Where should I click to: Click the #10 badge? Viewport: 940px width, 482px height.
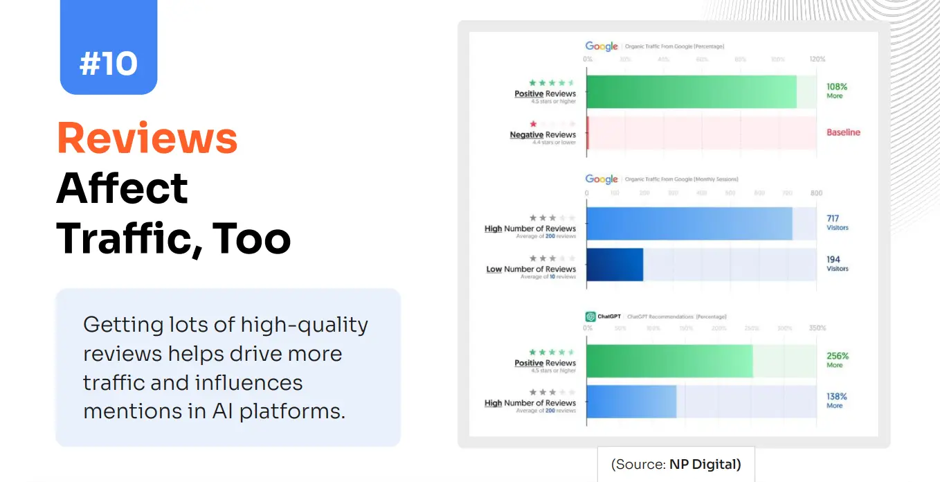(x=109, y=64)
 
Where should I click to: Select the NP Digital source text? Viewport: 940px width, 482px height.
(x=705, y=464)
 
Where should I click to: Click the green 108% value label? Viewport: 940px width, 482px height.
(x=836, y=87)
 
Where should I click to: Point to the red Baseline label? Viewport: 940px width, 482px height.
(x=843, y=132)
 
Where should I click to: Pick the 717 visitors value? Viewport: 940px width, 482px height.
(x=833, y=219)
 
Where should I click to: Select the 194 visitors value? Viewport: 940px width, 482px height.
(x=833, y=260)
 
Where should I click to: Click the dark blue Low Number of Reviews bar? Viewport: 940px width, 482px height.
(x=615, y=265)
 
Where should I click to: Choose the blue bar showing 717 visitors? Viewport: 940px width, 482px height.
(x=689, y=224)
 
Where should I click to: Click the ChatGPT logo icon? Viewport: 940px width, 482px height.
(x=590, y=316)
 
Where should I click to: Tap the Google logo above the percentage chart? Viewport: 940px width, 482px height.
(x=602, y=46)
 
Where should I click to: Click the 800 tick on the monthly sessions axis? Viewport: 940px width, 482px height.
(x=816, y=193)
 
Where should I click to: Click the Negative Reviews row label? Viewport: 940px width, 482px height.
(x=543, y=135)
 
